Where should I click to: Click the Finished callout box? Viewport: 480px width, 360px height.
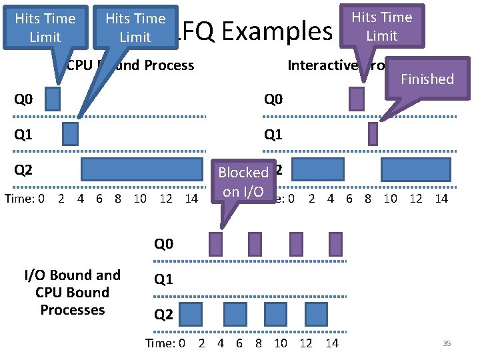point(427,79)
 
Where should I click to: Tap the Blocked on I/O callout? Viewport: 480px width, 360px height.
point(243,181)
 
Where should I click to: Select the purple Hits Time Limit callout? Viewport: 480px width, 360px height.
point(382,26)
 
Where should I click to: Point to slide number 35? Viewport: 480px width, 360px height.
point(447,343)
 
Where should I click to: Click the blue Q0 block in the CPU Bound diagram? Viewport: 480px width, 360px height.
point(53,99)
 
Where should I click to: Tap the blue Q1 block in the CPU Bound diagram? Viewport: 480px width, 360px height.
point(70,134)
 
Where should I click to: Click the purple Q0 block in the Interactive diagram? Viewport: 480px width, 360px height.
point(357,99)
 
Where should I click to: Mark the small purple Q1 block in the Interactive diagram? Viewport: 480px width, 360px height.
point(373,134)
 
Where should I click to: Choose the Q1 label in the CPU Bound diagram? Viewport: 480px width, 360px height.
point(23,135)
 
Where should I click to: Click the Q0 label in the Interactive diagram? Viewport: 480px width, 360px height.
point(273,100)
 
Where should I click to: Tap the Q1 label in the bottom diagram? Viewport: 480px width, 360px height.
point(164,279)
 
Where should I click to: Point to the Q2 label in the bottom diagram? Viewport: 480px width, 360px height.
point(164,314)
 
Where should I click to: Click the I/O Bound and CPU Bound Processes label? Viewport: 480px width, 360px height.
point(73,292)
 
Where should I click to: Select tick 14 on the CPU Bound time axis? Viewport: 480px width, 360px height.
point(191,198)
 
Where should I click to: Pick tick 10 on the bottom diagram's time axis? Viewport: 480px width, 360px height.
point(281,343)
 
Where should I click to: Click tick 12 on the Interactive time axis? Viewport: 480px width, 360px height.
point(416,198)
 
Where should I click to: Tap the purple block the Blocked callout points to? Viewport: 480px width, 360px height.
point(215,243)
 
